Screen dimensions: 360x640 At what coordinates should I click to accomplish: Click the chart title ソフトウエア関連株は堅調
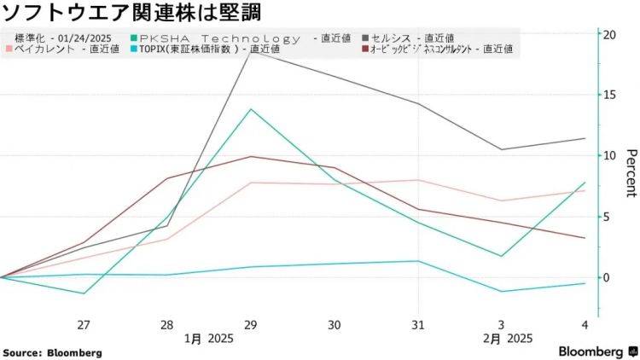132,13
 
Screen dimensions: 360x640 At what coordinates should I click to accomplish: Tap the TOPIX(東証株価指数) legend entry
193,49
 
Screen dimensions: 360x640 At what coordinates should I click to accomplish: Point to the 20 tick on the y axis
610,34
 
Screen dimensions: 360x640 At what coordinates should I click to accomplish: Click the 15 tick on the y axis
610,95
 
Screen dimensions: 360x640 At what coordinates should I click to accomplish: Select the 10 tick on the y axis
610,155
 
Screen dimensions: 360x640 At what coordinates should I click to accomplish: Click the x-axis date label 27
84,325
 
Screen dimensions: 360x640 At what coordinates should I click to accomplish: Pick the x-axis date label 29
250,325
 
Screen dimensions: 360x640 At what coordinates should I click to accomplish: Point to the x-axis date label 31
418,325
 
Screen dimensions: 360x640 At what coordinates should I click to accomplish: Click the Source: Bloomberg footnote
52,352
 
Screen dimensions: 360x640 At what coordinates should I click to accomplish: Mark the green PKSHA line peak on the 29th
250,109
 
